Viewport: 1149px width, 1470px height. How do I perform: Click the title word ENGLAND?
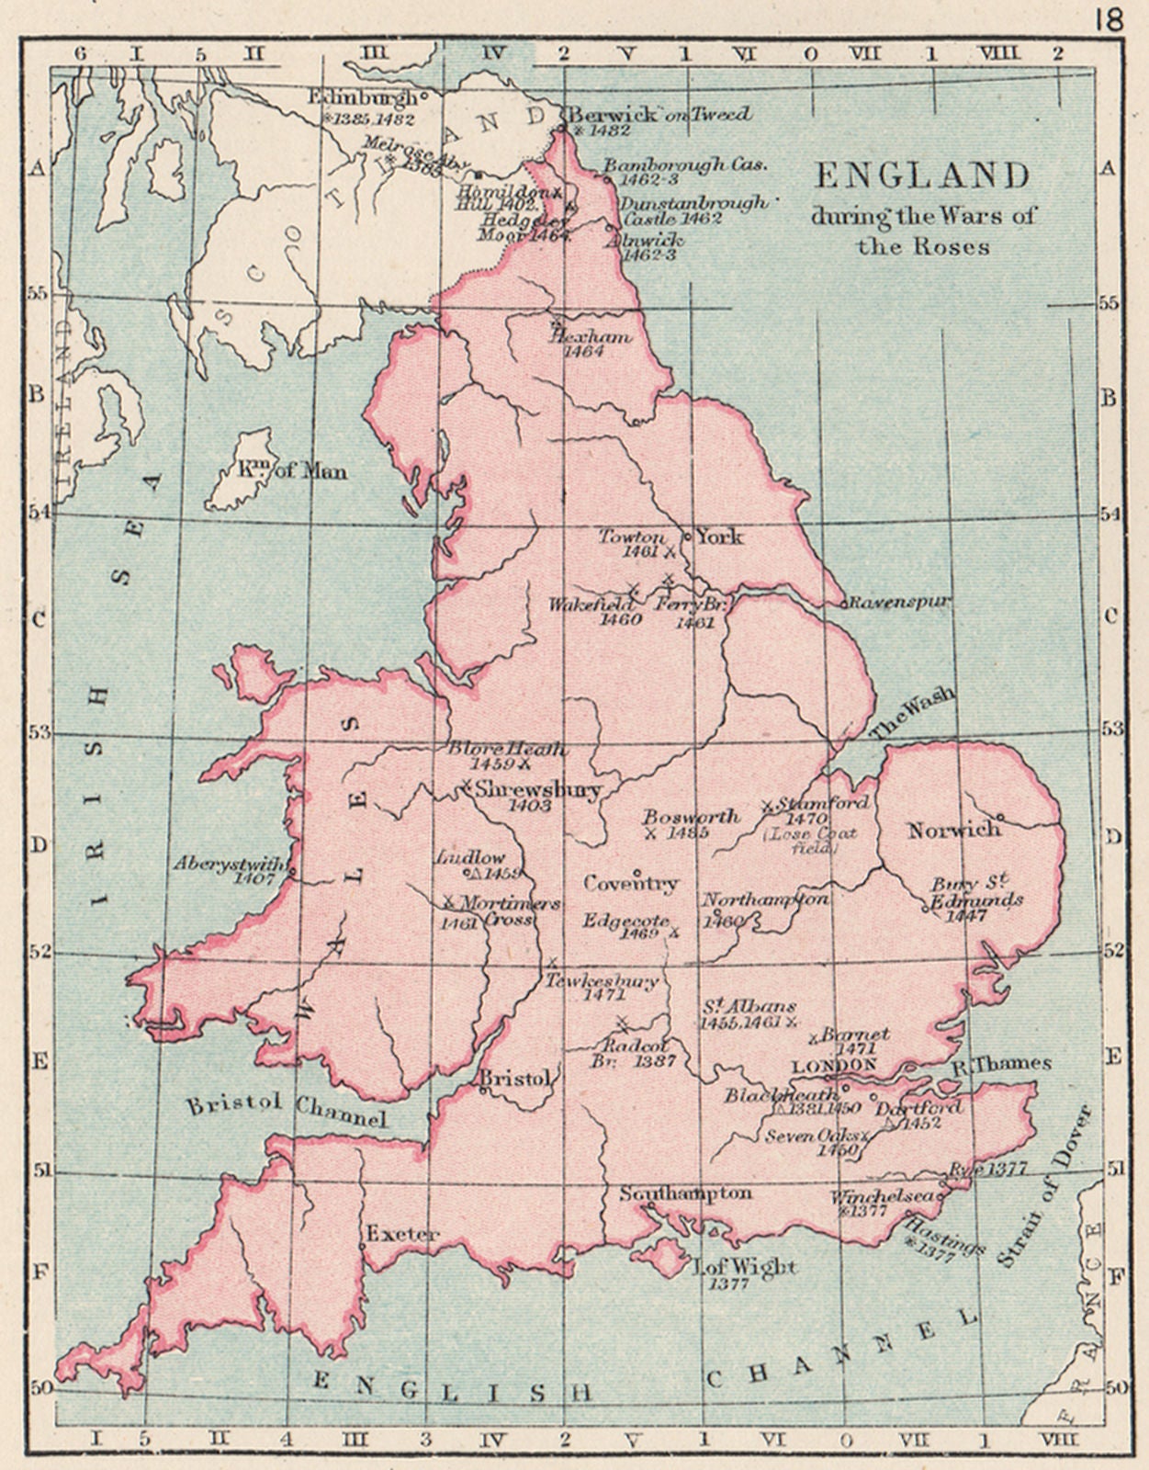coord(921,175)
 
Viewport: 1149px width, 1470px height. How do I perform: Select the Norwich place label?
coord(953,830)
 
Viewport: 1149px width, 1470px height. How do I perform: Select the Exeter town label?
coord(402,1233)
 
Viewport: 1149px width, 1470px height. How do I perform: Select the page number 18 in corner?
coord(1109,19)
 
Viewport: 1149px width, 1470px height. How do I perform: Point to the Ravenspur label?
coord(898,603)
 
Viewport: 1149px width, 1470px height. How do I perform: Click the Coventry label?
coord(630,883)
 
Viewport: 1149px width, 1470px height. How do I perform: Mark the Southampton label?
coord(685,1193)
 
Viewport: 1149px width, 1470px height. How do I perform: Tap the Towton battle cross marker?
coord(670,552)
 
